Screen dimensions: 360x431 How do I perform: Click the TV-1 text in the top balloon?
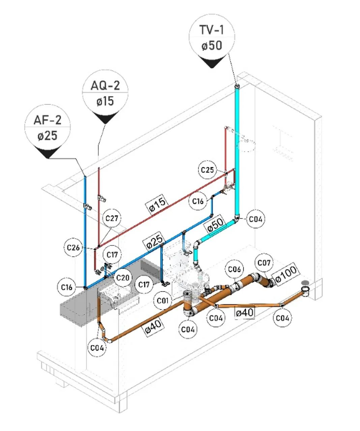(211, 30)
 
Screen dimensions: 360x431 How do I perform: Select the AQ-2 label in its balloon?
(105, 85)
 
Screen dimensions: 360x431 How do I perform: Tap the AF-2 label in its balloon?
(48, 120)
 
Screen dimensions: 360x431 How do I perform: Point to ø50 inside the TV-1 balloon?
(212, 45)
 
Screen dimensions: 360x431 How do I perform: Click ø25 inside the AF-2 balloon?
(48, 136)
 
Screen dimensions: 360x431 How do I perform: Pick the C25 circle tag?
(207, 170)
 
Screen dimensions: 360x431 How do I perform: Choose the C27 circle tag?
(112, 219)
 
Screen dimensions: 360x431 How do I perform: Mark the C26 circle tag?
(73, 247)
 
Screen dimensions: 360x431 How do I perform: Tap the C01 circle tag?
(163, 301)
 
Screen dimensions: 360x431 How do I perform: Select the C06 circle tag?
(234, 269)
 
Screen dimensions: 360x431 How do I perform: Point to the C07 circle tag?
(264, 263)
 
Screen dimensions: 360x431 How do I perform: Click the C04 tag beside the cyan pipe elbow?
(256, 219)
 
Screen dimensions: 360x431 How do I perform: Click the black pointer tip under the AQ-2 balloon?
(106, 124)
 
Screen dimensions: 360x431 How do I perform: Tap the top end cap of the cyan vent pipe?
(238, 85)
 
